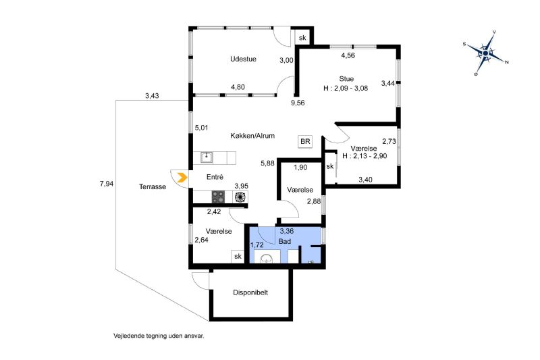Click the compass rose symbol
pyautogui.click(x=486, y=52)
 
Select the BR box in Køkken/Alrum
pyautogui.click(x=305, y=142)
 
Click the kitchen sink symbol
pyautogui.click(x=207, y=158)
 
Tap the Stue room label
pyautogui.click(x=346, y=79)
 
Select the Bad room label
pyautogui.click(x=285, y=240)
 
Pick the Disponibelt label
pyautogui.click(x=251, y=293)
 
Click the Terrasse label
pyautogui.click(x=153, y=187)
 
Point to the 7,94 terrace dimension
pyautogui.click(x=106, y=184)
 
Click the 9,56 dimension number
pyautogui.click(x=298, y=103)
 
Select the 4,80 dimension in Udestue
pyautogui.click(x=238, y=87)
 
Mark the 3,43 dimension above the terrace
pyautogui.click(x=152, y=96)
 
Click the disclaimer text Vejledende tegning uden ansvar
pyautogui.click(x=159, y=335)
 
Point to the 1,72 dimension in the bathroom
pyautogui.click(x=256, y=245)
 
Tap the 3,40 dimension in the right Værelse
pyautogui.click(x=365, y=180)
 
